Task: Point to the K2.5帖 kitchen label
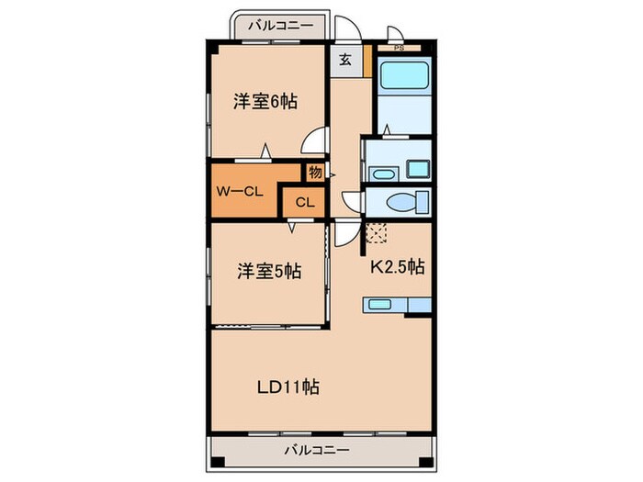[x=397, y=268]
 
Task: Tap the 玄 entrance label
[x=344, y=61]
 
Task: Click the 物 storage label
[x=315, y=172]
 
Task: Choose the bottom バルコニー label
[x=316, y=450]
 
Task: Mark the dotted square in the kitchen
[x=376, y=233]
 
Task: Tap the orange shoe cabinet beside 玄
[x=367, y=62]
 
